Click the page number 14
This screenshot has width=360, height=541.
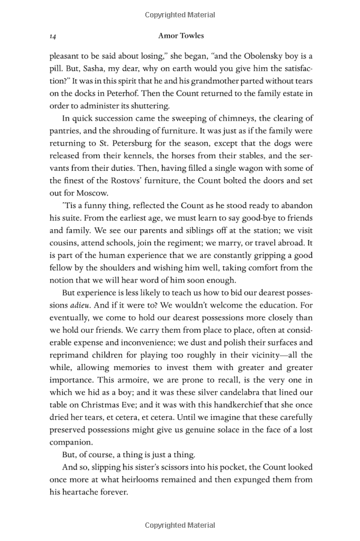click(x=53, y=37)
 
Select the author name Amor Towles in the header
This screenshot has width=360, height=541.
click(x=180, y=37)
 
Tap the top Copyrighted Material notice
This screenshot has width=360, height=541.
click(x=180, y=14)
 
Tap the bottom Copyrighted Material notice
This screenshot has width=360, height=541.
click(x=180, y=526)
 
